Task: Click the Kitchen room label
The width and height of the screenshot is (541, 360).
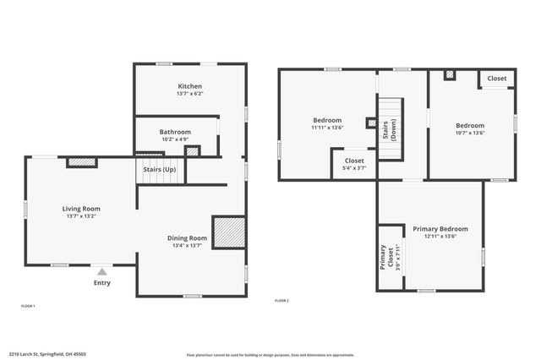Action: tap(189, 86)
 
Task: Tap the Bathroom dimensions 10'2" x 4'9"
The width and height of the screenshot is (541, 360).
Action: tap(175, 140)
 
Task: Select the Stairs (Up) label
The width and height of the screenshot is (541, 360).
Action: tap(159, 170)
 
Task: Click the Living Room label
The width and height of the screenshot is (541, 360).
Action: tap(81, 209)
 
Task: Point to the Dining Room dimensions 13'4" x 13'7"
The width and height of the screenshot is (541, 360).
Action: tap(187, 246)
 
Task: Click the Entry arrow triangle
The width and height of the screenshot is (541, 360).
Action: tap(102, 271)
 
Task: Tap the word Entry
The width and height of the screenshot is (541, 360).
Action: tap(101, 283)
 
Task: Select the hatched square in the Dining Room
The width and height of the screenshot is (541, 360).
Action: tap(228, 232)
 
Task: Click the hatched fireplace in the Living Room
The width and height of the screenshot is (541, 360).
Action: tap(81, 161)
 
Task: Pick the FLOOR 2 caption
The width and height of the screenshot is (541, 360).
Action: tap(281, 301)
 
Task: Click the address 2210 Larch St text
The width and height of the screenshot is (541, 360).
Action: tap(47, 354)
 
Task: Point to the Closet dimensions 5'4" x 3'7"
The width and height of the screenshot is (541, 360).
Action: tap(354, 168)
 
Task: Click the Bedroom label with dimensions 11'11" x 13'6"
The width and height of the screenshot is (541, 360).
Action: tap(327, 120)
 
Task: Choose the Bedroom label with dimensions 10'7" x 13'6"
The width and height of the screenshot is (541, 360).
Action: tap(470, 125)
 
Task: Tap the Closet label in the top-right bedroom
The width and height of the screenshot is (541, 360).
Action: tap(497, 79)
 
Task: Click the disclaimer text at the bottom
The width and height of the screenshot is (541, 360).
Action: tap(270, 355)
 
